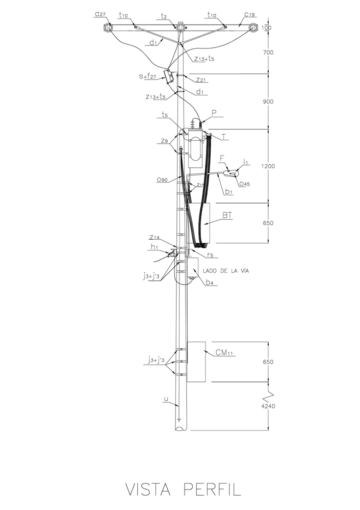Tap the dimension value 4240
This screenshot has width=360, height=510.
click(268, 407)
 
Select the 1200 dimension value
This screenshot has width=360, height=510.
click(268, 166)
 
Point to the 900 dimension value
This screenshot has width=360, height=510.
click(268, 101)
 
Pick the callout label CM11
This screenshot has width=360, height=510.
click(224, 352)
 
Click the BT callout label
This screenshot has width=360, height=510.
click(227, 216)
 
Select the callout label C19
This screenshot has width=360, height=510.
click(250, 15)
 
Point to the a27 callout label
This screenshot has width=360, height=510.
click(100, 15)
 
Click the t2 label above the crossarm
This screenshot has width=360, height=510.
click(164, 16)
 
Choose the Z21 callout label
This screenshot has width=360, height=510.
click(201, 80)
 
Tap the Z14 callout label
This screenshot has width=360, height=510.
click(155, 237)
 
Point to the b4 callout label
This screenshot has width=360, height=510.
click(210, 283)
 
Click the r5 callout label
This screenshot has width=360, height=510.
click(211, 254)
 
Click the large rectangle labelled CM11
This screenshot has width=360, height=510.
click(196, 362)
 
